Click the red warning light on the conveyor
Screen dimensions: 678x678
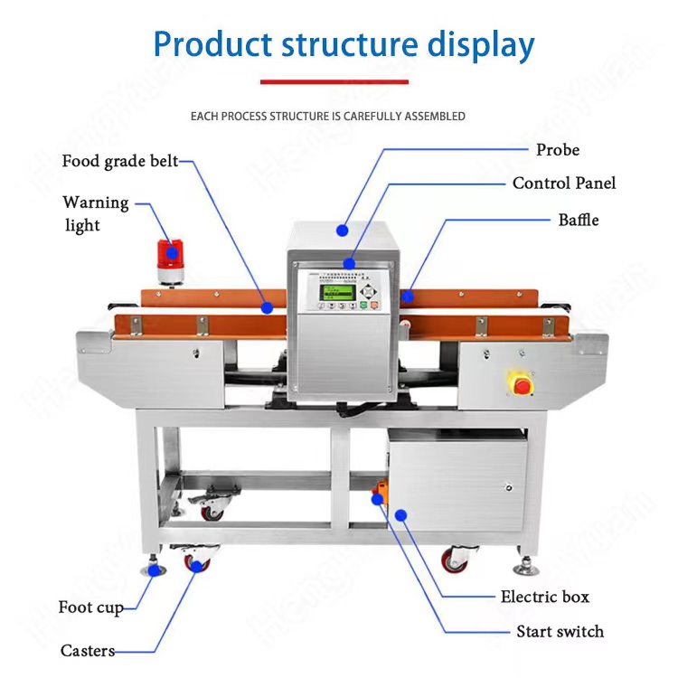tap(169, 255)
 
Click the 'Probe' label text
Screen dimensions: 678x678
tap(558, 150)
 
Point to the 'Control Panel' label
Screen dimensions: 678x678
tap(564, 184)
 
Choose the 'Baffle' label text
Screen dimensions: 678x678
tap(579, 220)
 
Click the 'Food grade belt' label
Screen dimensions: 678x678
tap(120, 162)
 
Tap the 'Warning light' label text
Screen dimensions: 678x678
tap(95, 213)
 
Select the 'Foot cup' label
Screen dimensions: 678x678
tap(90, 607)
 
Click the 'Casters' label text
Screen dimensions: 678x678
tap(88, 651)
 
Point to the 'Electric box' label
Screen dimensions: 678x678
tap(545, 597)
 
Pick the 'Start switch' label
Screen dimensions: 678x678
tap(560, 632)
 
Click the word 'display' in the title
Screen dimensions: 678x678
tap(474, 44)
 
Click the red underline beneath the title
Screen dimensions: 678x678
tap(334, 82)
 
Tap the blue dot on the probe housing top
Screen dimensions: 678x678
tap(343, 231)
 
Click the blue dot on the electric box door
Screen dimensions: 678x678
tap(401, 515)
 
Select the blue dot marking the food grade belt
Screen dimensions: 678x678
tap(268, 307)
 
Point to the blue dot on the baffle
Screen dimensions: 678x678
tap(408, 295)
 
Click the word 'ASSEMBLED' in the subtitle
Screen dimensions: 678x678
tap(434, 117)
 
